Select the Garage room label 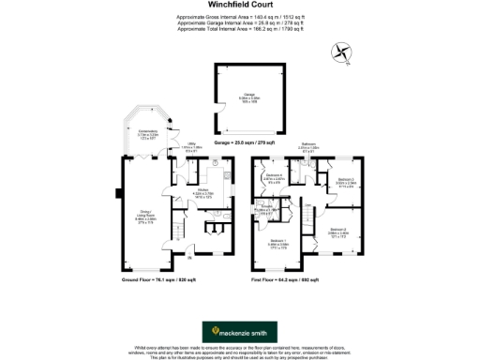249,97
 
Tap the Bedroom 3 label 346,182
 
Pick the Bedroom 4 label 273,179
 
